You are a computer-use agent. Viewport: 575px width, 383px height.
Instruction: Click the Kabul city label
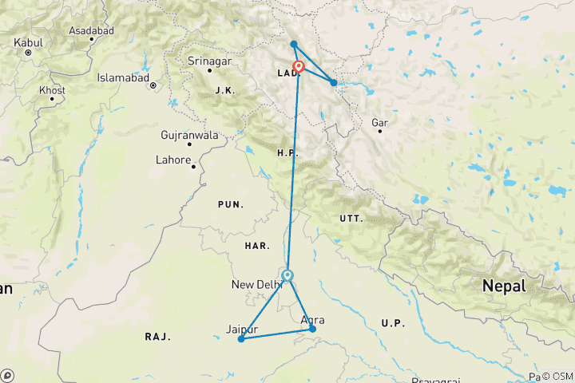(29, 40)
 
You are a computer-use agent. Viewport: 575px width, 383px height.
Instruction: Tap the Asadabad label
(92, 30)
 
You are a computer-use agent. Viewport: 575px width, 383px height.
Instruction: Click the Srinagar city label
(208, 61)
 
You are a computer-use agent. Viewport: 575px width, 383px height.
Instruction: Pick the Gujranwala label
(189, 135)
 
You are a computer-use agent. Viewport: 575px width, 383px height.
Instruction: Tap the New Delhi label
(256, 284)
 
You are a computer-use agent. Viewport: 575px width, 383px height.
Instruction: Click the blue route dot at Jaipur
(241, 339)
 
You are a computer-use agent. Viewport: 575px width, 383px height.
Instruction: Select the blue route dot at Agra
(312, 329)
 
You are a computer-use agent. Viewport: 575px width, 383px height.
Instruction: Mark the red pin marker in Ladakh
(299, 67)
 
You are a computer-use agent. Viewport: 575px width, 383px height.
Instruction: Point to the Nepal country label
(504, 286)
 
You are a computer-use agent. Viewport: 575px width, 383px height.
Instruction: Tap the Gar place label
(379, 123)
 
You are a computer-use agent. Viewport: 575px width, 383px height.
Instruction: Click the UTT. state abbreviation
(351, 218)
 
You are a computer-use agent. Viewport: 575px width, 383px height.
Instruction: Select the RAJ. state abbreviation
(158, 337)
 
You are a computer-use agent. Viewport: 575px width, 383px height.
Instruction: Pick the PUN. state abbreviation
(231, 205)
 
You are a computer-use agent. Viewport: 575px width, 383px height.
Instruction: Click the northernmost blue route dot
(294, 44)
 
